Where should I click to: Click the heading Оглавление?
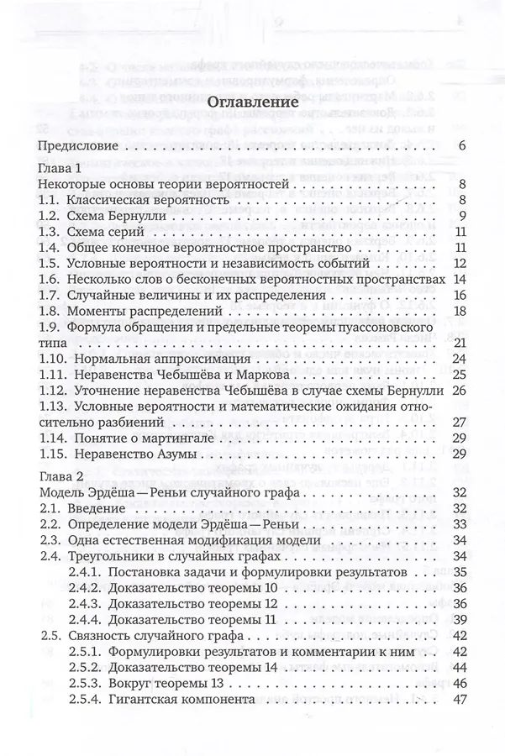252,101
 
